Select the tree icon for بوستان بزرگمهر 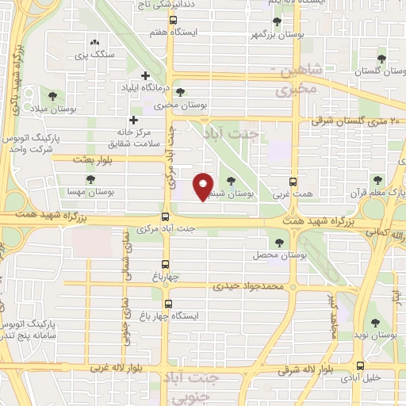276,22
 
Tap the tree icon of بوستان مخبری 181,92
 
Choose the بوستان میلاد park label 50,108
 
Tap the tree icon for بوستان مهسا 90,179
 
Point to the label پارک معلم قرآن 382,193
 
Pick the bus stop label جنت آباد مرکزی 189,228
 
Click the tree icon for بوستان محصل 278,242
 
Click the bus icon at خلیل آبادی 361,366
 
